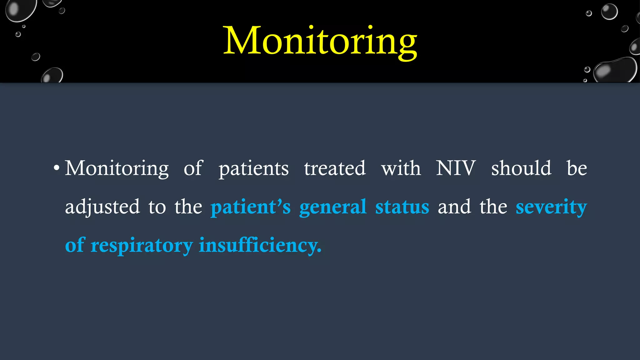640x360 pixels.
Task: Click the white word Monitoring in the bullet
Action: pos(117,169)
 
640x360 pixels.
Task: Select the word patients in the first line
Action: pos(253,169)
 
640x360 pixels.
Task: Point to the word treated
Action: pos(335,168)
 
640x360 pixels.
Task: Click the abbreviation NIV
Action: pos(456,168)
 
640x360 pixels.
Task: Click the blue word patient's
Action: pos(251,207)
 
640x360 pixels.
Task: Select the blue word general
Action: pos(333,207)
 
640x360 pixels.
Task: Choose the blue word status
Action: pos(402,207)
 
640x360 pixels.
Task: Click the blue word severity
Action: pos(551,207)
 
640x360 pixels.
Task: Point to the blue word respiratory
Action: pos(142,246)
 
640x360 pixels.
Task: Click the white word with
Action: pos(401,168)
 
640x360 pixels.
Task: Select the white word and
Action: pos(454,207)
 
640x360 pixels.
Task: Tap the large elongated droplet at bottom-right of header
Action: pos(615,70)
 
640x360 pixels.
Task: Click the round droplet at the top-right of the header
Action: pos(609,12)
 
